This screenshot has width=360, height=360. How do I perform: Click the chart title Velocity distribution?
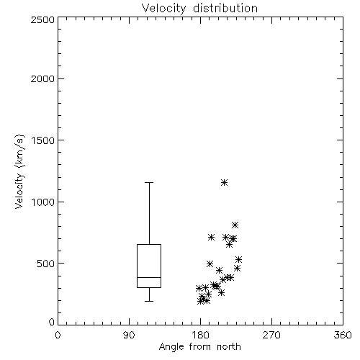(x=199, y=9)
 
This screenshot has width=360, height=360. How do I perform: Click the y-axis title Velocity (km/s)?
(x=19, y=171)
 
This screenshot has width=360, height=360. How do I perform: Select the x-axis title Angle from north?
(x=199, y=347)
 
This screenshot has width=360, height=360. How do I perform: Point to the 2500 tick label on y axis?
(x=42, y=19)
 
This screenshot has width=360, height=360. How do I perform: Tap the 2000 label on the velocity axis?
(x=42, y=78)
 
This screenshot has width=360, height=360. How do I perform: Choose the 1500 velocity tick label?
(x=43, y=140)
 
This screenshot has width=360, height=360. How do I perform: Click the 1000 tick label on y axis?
(x=43, y=202)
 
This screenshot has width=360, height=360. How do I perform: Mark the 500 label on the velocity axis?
(x=46, y=264)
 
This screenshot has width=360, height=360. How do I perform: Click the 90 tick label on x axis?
(x=129, y=335)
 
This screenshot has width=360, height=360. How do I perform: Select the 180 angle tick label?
(x=200, y=335)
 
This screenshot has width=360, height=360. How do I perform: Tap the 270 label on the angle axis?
(x=271, y=335)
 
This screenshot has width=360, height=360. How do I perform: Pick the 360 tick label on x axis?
(x=343, y=335)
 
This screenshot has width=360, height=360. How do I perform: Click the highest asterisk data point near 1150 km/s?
(x=224, y=183)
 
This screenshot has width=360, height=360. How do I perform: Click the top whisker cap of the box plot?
(x=149, y=183)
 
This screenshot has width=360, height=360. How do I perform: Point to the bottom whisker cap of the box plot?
(x=149, y=301)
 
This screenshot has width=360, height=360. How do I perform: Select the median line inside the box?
(x=149, y=277)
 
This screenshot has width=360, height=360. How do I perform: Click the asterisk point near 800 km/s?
(x=235, y=225)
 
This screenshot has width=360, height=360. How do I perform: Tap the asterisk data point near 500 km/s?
(x=210, y=264)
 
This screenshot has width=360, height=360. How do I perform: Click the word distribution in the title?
(x=225, y=9)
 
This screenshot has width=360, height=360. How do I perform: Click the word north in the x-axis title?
(x=229, y=347)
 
